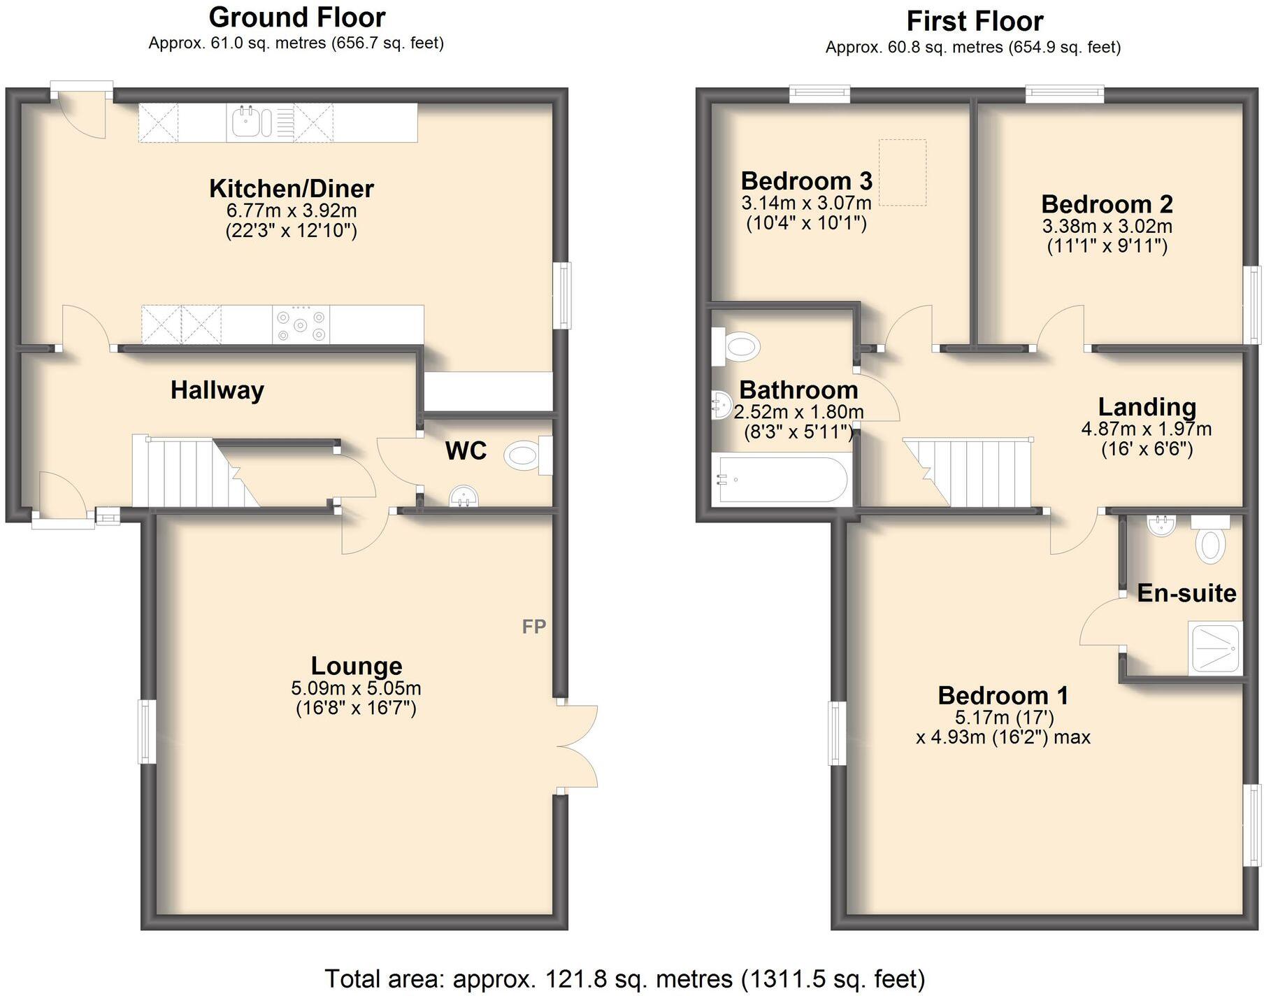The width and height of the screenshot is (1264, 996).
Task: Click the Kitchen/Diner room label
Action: pos(292,188)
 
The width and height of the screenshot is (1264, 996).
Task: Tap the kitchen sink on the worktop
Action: pos(250,122)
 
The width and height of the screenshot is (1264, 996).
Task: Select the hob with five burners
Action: pos(301,325)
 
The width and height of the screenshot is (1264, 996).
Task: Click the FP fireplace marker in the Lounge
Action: pos(534,627)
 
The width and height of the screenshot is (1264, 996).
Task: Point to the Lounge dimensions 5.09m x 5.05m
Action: pos(356,688)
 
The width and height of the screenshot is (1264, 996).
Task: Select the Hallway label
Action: pos(217,390)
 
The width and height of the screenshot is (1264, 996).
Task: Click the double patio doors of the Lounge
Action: pos(577,747)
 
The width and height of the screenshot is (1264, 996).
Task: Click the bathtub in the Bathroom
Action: pos(780,480)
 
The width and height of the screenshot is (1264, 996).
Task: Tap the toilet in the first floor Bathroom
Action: pos(738,346)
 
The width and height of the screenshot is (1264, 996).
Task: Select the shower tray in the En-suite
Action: pos(1216,649)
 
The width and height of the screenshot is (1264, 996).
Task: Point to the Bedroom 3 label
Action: pos(806,181)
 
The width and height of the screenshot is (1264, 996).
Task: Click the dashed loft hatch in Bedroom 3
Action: pos(903,172)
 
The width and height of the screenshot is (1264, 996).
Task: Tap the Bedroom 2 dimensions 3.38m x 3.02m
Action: pos(1107,227)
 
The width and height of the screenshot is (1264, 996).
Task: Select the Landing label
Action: pos(1147,406)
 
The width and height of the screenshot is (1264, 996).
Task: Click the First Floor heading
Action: pos(975,21)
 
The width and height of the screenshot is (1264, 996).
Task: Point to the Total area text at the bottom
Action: pos(624,978)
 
